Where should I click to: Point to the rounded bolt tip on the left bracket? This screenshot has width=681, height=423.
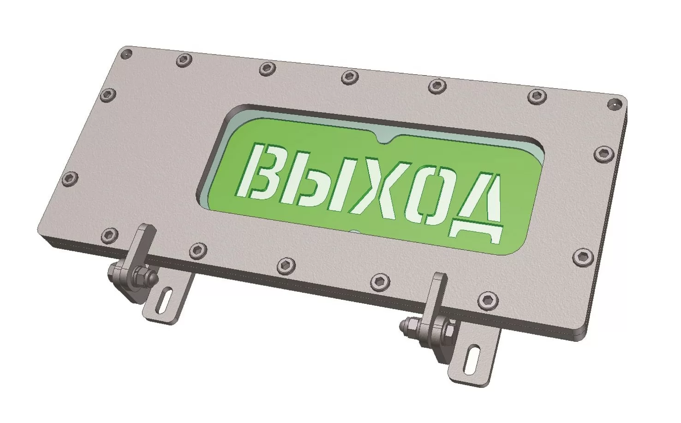pyautogui.click(x=153, y=277)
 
